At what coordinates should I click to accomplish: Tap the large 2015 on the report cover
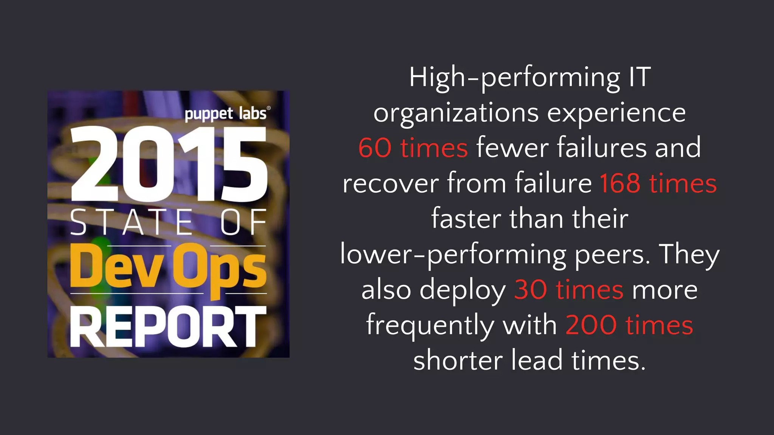(169, 164)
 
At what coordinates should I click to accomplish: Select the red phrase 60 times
(413, 148)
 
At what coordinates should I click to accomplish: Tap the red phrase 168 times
(658, 184)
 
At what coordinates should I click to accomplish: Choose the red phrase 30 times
(568, 290)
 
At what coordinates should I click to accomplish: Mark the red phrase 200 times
(629, 325)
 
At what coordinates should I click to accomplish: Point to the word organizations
(456, 113)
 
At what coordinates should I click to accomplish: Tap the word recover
(390, 184)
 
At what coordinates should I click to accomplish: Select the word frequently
(430, 326)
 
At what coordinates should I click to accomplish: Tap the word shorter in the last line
(458, 360)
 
